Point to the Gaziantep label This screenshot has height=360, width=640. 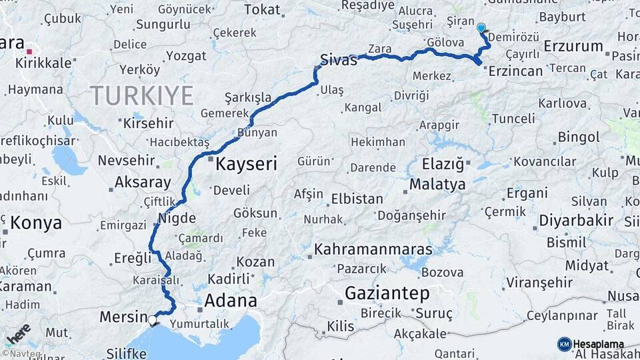tap(387, 293)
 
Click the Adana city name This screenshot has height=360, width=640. tap(230, 300)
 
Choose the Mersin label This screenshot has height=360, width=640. tap(123, 317)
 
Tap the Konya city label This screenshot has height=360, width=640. tap(36, 223)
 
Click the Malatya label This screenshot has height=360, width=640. tap(437, 185)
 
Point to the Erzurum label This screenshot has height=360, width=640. tap(573, 47)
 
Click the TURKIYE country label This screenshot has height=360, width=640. tap(141, 95)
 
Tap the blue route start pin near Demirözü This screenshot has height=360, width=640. tap(481, 28)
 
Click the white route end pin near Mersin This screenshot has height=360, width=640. tap(153, 320)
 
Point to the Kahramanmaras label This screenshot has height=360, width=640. tap(373, 250)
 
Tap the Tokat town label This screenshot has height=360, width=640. tap(262, 9)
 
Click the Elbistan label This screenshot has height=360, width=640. tap(358, 199)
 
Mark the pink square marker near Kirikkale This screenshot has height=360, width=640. tap(29, 50)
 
